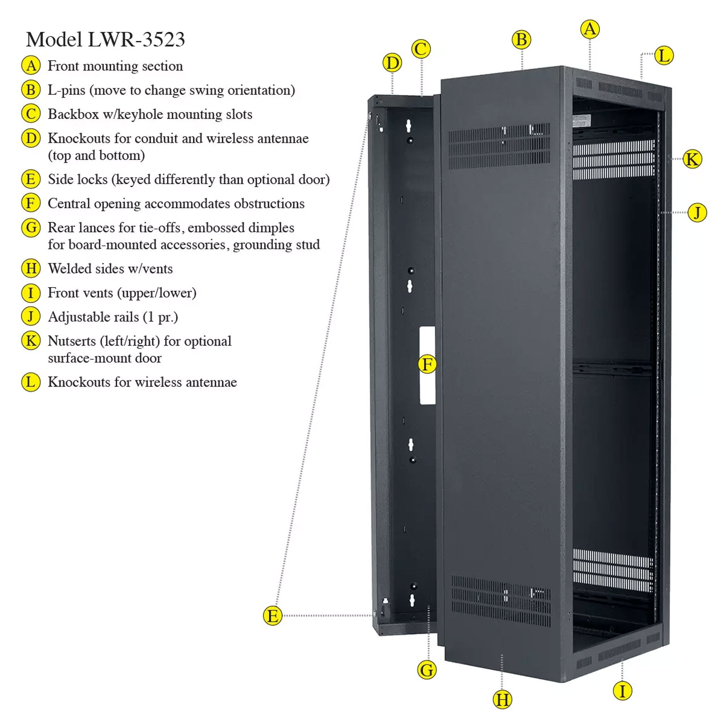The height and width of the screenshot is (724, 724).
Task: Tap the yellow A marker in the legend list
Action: [31, 66]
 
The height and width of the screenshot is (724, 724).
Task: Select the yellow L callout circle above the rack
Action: [664, 55]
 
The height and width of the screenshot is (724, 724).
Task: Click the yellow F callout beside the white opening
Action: [427, 364]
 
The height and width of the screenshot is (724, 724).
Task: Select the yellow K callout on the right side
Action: [692, 159]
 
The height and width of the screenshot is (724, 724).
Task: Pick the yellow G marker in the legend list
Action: [31, 228]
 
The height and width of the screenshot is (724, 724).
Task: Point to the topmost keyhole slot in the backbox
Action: [408, 126]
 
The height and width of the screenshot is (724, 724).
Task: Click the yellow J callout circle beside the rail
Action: [697, 213]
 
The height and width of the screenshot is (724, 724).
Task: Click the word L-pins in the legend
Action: [66, 90]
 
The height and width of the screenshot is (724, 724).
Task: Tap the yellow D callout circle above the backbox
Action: [392, 63]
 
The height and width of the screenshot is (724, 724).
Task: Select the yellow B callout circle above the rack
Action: [521, 40]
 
